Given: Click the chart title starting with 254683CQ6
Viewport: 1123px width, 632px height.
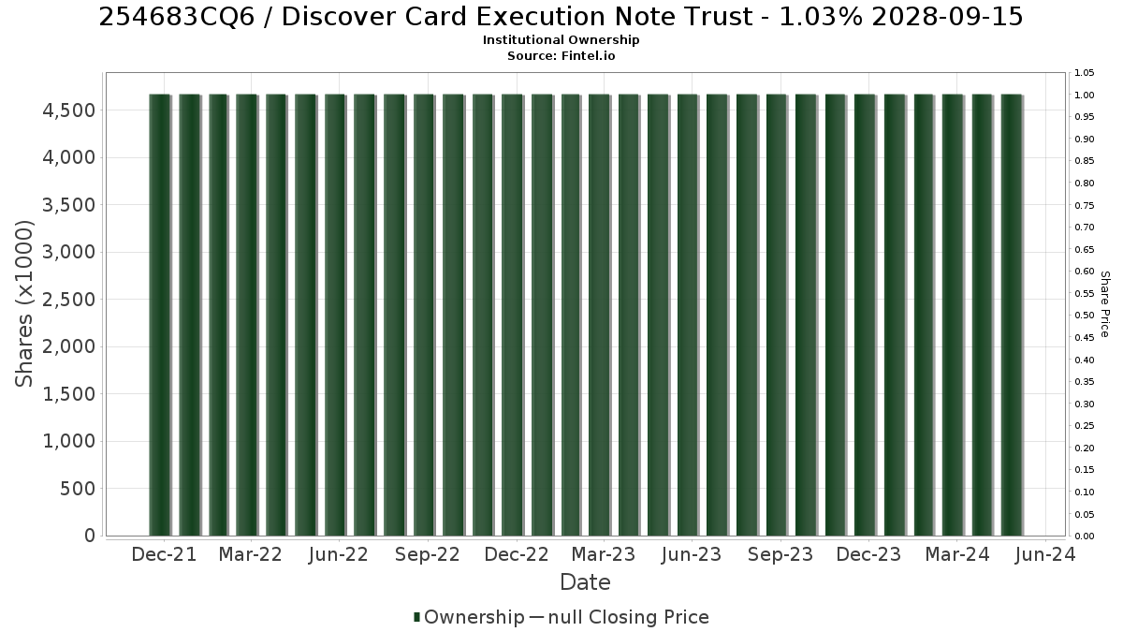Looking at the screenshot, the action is pyautogui.click(x=561, y=17).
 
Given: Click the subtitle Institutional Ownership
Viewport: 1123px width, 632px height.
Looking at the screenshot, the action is pyautogui.click(x=561, y=40).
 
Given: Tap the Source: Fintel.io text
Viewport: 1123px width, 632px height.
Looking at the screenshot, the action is pyautogui.click(x=561, y=55).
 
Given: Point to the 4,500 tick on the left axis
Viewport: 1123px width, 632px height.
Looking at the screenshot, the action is pyautogui.click(x=68, y=110).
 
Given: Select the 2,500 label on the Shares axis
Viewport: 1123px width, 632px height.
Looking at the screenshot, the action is pyautogui.click(x=68, y=300).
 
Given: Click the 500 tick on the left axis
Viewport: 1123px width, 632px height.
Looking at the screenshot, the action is pyautogui.click(x=78, y=489).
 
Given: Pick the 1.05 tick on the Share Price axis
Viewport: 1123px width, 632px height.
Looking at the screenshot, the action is pyautogui.click(x=1085, y=73).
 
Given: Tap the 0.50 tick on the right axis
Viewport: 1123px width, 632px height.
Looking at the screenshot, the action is pyautogui.click(x=1085, y=316).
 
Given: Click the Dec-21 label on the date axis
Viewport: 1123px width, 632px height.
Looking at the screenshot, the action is pyautogui.click(x=164, y=554).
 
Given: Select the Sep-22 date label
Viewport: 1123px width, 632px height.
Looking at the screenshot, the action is pyautogui.click(x=428, y=554).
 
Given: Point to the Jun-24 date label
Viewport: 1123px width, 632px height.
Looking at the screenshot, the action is pyautogui.click(x=1045, y=554).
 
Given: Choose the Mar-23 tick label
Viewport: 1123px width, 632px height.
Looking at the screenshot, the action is pyautogui.click(x=604, y=554).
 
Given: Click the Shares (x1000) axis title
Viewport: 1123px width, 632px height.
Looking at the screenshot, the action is pyautogui.click(x=24, y=304).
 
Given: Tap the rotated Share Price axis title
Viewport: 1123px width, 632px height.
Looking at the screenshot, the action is pyautogui.click(x=1104, y=304).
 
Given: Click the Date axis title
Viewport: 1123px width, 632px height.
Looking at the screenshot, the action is pyautogui.click(x=585, y=582).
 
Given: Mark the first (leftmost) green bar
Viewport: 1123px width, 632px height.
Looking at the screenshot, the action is pyautogui.click(x=160, y=315).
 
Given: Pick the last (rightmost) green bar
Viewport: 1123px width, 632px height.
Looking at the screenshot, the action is pyautogui.click(x=1012, y=315).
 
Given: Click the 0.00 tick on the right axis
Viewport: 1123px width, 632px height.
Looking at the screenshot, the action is pyautogui.click(x=1085, y=536).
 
